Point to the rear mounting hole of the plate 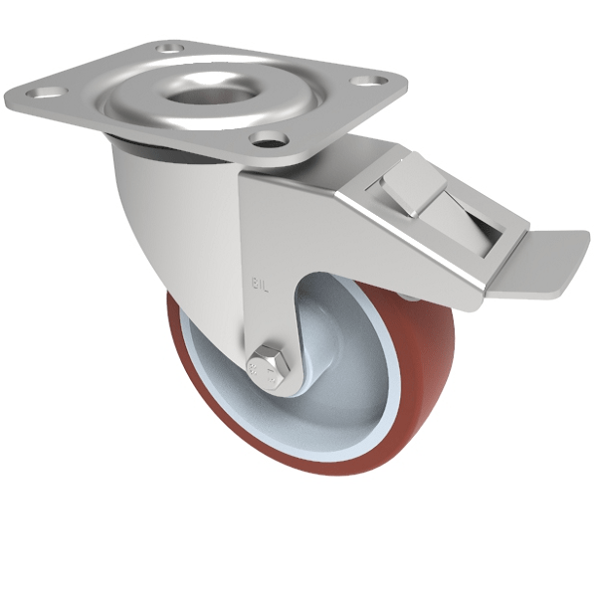171,47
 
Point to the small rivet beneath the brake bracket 409,296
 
